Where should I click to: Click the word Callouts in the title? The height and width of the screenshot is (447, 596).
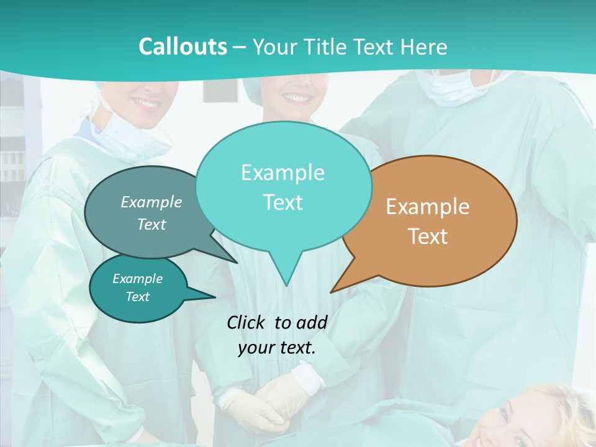pos(183,47)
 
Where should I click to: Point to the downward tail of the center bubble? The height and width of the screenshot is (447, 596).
pos(286,273)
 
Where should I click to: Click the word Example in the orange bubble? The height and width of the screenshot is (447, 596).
pos(428,207)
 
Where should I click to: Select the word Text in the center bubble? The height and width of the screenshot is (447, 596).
pos(283,202)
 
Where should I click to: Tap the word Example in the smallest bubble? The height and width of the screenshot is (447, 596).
pos(138,279)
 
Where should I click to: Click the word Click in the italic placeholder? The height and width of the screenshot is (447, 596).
pos(246,322)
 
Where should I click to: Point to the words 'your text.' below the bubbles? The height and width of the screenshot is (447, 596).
pos(277,348)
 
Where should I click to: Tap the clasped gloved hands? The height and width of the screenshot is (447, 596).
pos(267,404)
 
